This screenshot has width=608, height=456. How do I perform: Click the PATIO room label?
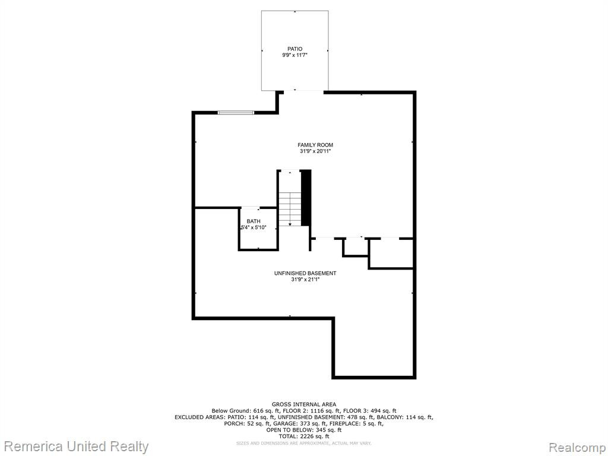(294, 49)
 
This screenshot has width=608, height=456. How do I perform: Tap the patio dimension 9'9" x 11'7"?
(294, 55)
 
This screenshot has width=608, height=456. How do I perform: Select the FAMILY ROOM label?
(315, 145)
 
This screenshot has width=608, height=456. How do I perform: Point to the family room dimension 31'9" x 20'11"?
(315, 151)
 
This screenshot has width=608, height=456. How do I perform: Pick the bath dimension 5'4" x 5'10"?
(254, 227)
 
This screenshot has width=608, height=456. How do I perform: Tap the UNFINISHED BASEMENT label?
(305, 273)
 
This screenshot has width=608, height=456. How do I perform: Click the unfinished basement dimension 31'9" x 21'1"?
(305, 280)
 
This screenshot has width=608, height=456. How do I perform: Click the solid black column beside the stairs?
(306, 198)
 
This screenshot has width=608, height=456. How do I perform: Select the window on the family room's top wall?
(236, 112)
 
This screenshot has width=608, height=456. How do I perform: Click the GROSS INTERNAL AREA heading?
(304, 404)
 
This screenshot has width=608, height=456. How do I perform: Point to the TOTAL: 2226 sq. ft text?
(304, 436)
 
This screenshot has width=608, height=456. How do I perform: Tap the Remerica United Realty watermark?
(77, 446)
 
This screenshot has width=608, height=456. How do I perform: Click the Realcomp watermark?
(577, 448)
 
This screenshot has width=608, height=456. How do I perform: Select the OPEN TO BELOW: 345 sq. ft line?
(304, 430)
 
